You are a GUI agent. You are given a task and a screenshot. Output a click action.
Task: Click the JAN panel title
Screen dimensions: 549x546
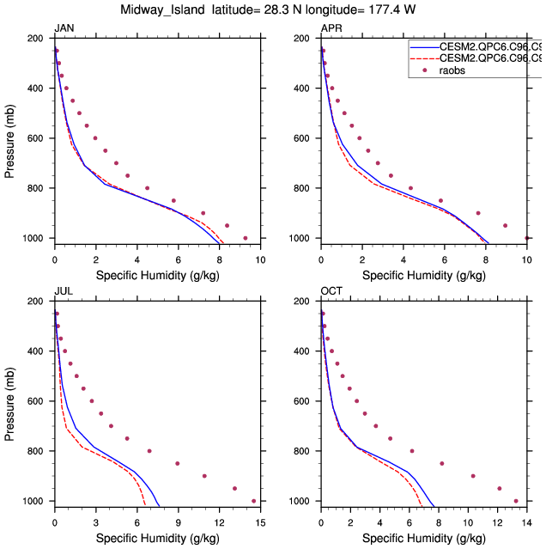(x=64, y=28)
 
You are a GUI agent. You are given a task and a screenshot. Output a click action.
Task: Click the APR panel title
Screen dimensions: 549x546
(x=331, y=28)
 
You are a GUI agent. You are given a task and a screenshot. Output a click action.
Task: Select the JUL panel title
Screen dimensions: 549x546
(x=64, y=291)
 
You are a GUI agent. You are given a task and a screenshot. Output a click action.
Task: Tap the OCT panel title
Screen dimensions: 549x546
(x=331, y=291)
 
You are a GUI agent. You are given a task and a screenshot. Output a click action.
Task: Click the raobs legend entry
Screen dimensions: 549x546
(x=457, y=70)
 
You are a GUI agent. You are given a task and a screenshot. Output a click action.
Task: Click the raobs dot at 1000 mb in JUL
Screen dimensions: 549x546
(x=254, y=501)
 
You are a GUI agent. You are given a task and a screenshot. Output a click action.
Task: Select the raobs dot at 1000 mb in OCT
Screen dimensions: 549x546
(x=516, y=501)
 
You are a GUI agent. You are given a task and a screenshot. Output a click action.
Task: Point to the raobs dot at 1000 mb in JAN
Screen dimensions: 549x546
(x=246, y=238)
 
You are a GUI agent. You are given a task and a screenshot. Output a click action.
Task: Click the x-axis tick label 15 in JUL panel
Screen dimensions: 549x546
(x=260, y=521)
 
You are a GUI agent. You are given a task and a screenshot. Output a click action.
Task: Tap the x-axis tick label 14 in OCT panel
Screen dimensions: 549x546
(x=526, y=521)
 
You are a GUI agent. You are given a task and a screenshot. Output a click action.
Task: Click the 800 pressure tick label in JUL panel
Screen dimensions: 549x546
(x=36, y=451)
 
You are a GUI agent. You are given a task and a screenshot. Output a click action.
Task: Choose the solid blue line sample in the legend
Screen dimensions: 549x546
(x=424, y=47)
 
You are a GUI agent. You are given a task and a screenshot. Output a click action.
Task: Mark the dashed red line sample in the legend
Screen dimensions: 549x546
(x=424, y=58)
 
